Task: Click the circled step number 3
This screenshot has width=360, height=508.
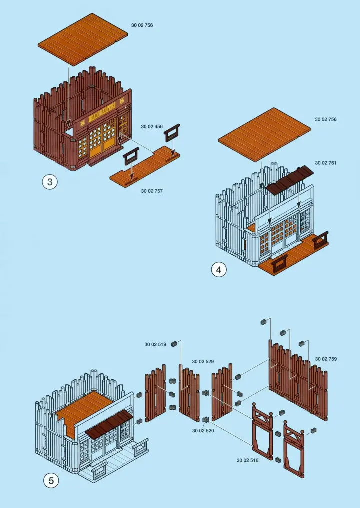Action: [x=50, y=182]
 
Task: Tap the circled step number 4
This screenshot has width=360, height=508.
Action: [x=219, y=270]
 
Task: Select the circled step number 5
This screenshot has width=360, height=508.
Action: [x=51, y=481]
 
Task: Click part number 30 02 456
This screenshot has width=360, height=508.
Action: [x=152, y=126]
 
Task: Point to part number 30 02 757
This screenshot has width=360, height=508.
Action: [x=152, y=191]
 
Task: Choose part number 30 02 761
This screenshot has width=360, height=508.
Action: [x=326, y=163]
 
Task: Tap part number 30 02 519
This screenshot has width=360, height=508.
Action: [x=155, y=344]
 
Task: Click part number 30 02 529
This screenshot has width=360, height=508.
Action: [x=203, y=361]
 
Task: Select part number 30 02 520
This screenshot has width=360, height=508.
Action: [x=203, y=431]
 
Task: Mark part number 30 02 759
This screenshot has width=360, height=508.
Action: [x=326, y=359]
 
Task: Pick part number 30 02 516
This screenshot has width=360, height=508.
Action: [x=247, y=460]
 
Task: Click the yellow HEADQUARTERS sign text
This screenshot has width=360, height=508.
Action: [x=102, y=112]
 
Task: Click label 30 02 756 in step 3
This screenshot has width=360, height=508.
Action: [x=142, y=25]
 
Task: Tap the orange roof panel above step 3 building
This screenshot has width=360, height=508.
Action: [x=83, y=39]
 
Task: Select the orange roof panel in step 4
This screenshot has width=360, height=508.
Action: [x=264, y=134]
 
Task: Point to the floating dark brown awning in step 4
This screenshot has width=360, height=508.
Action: [x=290, y=180]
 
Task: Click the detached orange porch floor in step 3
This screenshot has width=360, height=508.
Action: [x=145, y=166]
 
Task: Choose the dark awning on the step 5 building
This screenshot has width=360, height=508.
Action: [x=109, y=424]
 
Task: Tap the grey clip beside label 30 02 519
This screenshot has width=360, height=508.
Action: [x=174, y=344]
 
